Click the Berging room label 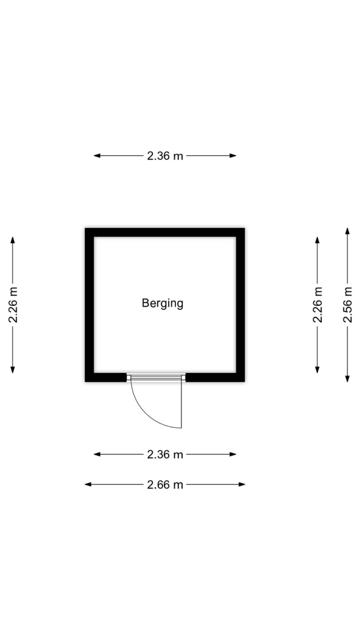coord(162,304)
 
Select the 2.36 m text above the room coord(164,155)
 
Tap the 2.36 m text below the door coord(164,454)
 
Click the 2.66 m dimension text coord(164,485)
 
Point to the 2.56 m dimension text coord(347,305)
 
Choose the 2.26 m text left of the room coord(13,305)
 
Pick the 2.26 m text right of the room coord(317,305)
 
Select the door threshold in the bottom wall coord(156,377)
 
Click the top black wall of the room coord(164,232)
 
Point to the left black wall coord(90,305)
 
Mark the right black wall coord(240,305)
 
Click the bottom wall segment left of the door coord(106,377)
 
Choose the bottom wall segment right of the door coord(215,377)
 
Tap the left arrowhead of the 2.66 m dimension coord(88,485)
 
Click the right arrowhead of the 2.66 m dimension coord(242,485)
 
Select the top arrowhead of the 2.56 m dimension coord(347,231)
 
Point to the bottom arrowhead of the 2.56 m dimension coord(347,379)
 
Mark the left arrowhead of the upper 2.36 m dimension coord(97,155)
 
